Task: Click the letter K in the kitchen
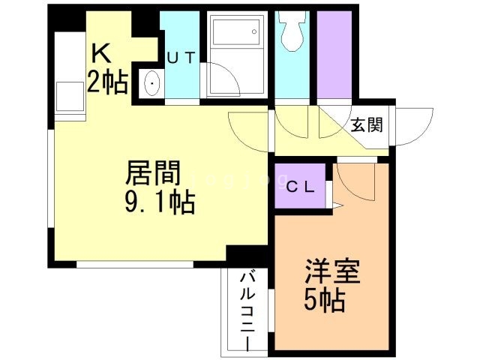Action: pos(101,54)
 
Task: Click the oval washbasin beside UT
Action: pos(150,84)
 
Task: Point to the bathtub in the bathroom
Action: pos(236,36)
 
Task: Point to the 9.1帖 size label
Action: pos(160,202)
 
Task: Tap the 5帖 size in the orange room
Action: pos(324,301)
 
